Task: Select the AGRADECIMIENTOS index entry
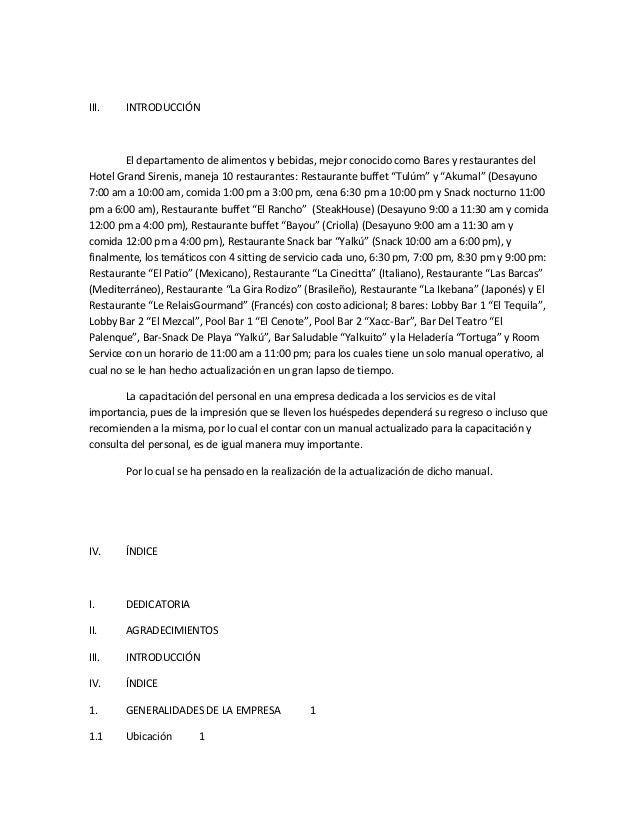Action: pos(170,631)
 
